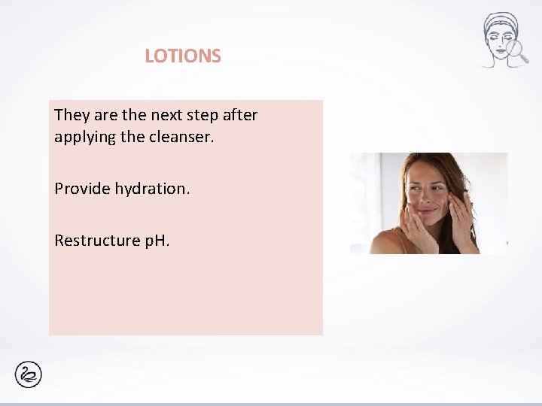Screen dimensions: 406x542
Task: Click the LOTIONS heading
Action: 183,56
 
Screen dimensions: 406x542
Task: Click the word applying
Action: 84,138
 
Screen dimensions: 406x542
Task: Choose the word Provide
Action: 82,188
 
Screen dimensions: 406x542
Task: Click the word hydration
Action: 153,188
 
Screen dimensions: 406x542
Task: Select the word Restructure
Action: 96,241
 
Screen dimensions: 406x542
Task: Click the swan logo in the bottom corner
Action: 29,374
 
